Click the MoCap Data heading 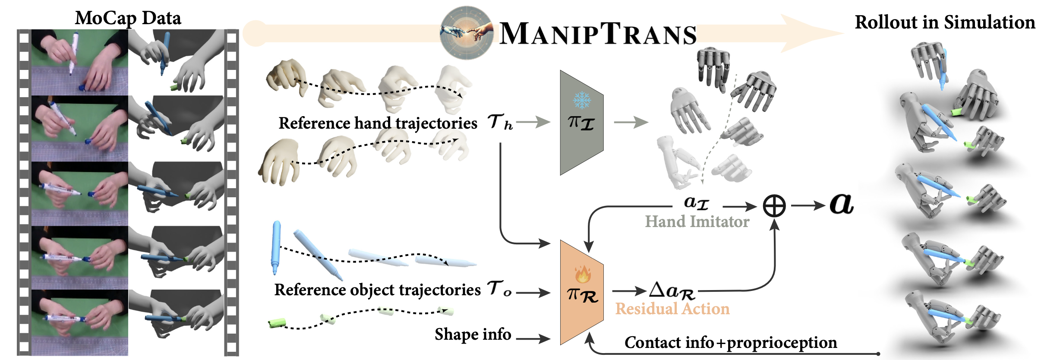click(x=128, y=18)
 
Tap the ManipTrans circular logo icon click(x=466, y=32)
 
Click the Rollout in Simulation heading click(x=945, y=22)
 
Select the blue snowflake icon click(x=581, y=100)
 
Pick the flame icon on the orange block click(x=582, y=273)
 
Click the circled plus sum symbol click(x=774, y=206)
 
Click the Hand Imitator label click(x=697, y=221)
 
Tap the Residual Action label click(x=672, y=309)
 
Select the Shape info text click(x=473, y=335)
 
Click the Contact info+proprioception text click(x=730, y=342)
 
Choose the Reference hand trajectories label click(x=378, y=123)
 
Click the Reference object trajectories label click(x=377, y=290)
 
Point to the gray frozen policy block click(x=581, y=123)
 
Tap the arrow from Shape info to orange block click(x=533, y=339)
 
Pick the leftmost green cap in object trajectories click(x=277, y=323)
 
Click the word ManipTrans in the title click(x=597, y=34)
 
